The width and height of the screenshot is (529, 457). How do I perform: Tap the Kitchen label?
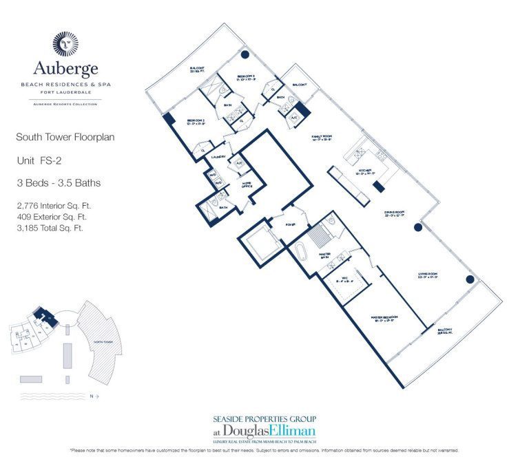[365, 171]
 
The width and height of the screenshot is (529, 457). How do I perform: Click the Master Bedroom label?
[375, 319]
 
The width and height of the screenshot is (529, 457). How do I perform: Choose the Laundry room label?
[219, 158]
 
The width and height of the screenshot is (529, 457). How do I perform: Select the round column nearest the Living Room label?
[470, 279]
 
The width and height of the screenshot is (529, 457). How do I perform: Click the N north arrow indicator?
[95, 396]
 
